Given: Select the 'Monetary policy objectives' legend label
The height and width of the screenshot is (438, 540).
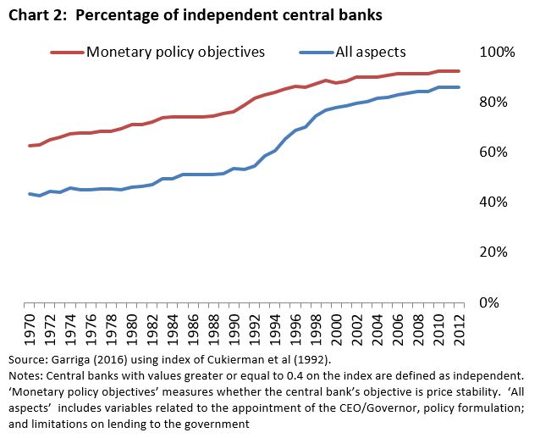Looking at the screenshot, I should [176, 52].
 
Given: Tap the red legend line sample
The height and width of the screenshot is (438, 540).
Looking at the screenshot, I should [67, 52].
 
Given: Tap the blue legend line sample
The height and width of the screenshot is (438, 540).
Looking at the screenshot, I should [317, 52].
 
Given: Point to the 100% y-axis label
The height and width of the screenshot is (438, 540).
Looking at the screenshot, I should [497, 53].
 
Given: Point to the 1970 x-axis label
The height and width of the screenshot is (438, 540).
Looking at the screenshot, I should [31, 328].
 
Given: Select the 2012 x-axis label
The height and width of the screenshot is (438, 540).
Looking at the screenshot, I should [457, 328].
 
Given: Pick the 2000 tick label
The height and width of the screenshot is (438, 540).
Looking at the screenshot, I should [335, 328].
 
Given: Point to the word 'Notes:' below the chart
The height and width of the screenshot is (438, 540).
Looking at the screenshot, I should [25, 374].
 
